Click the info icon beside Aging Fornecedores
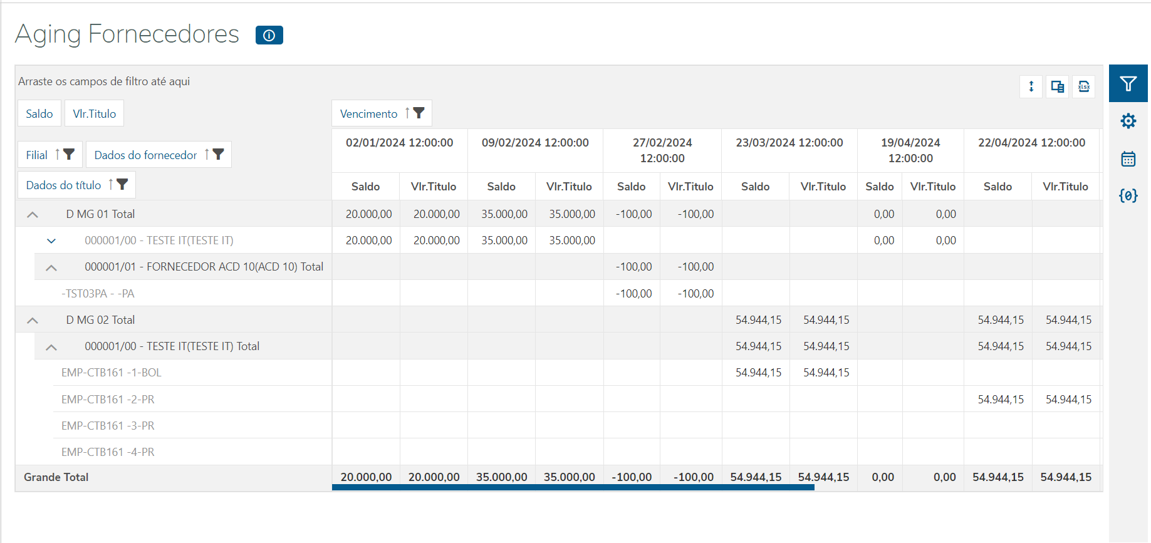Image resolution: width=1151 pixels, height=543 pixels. point(269,36)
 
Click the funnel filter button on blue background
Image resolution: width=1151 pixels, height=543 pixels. point(1128,84)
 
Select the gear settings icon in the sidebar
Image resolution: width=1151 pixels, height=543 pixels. point(1128,121)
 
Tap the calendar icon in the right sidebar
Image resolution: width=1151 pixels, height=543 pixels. point(1128,159)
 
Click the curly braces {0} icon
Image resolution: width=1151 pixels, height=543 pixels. point(1128,196)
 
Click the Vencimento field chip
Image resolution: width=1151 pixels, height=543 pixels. point(368,113)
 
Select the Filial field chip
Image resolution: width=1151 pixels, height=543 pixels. point(37,155)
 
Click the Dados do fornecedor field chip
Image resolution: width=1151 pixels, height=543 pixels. point(145,155)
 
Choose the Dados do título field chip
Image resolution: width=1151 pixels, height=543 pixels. point(63,185)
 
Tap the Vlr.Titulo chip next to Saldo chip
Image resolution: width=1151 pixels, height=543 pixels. point(94,113)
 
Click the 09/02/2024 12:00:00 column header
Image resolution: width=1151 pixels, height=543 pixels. point(535,143)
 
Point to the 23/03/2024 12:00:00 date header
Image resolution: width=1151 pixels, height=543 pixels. point(789,143)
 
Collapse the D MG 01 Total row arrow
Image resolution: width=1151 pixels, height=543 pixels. point(33,215)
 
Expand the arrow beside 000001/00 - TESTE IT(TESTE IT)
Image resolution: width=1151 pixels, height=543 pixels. point(51,241)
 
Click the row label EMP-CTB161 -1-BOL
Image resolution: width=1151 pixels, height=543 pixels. point(112,373)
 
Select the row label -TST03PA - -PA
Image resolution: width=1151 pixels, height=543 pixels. point(98,294)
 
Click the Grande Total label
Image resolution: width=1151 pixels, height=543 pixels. point(56,477)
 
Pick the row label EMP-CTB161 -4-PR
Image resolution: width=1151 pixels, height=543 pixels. point(108,452)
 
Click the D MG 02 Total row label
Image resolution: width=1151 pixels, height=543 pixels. point(100,320)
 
